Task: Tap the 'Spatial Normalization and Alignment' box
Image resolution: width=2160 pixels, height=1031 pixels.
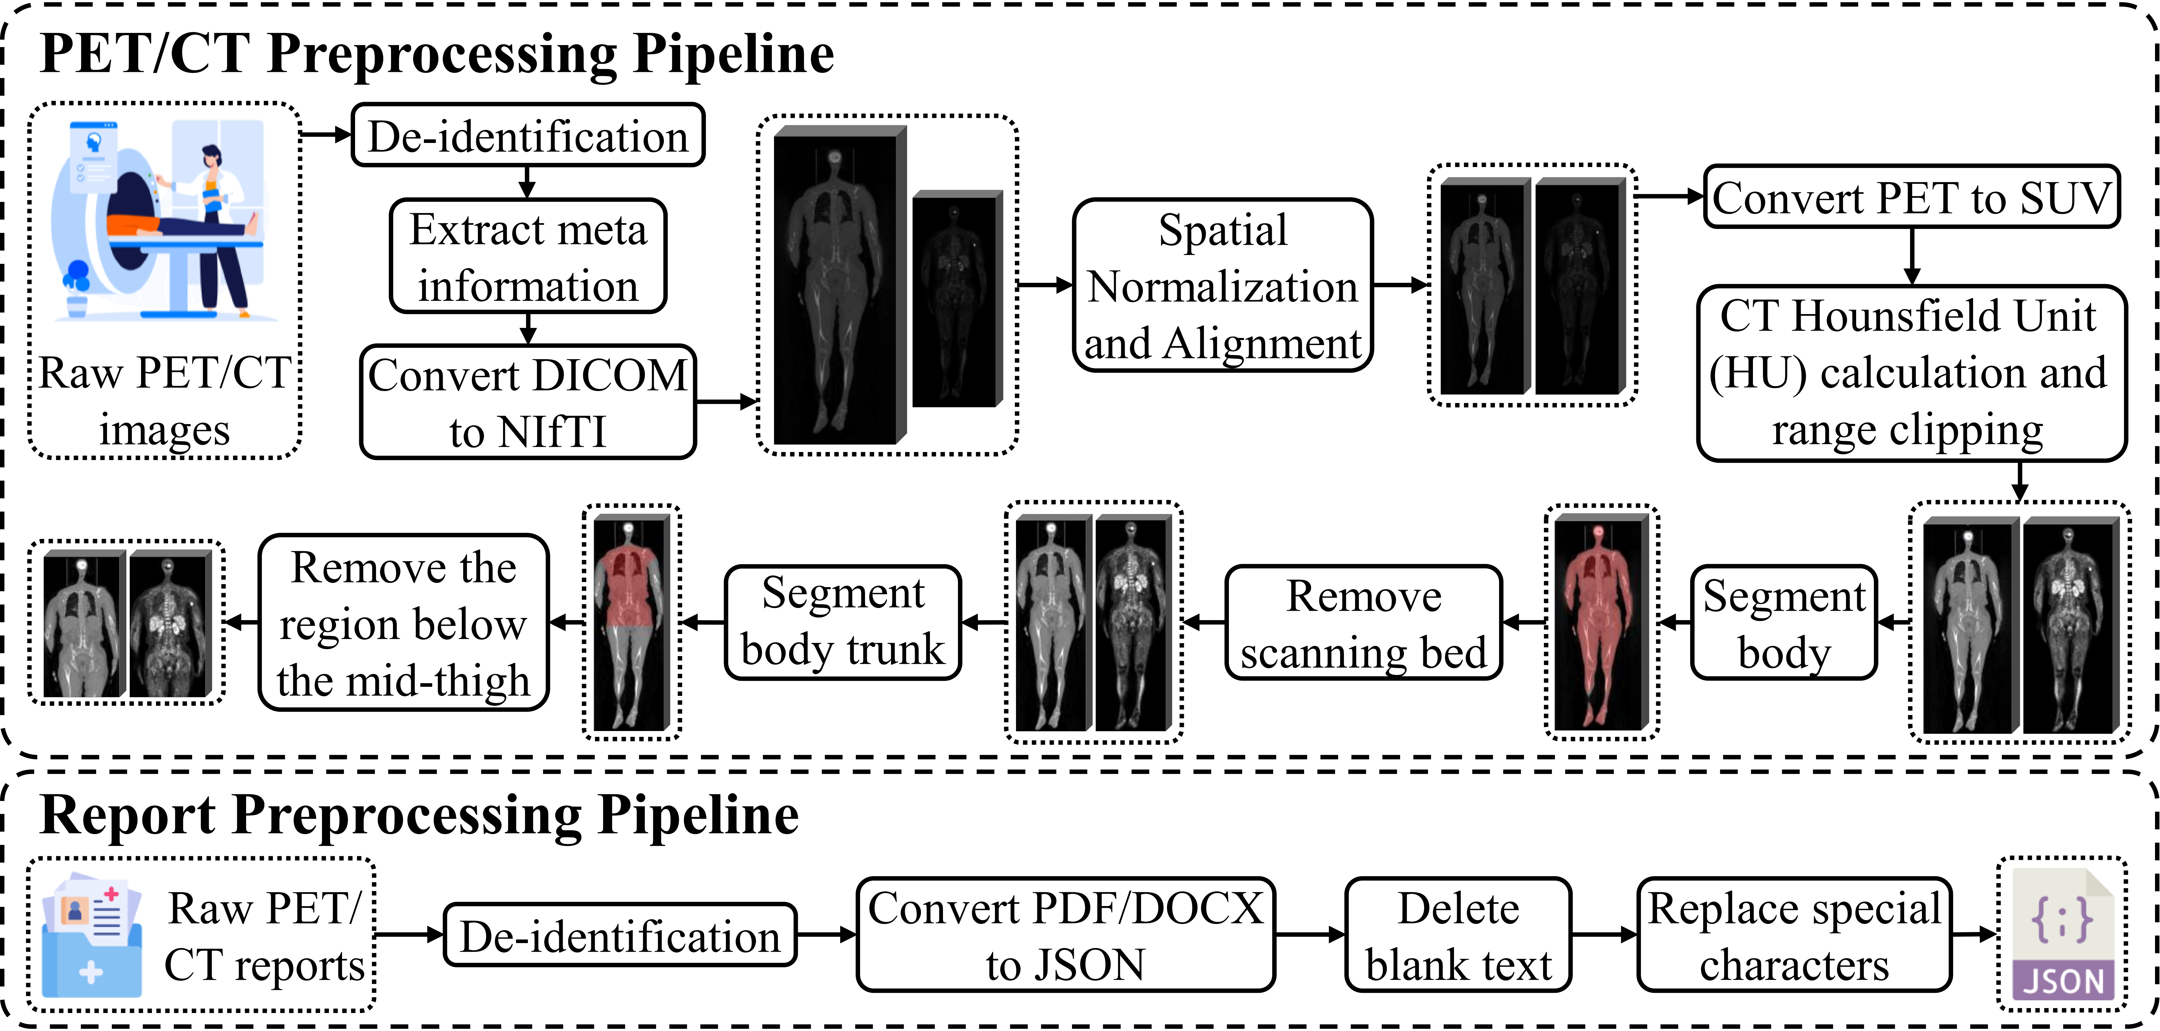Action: pos(1223,285)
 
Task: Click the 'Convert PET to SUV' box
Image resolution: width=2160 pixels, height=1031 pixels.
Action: pos(1912,197)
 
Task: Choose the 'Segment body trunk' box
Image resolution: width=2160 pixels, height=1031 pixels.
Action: pos(843,622)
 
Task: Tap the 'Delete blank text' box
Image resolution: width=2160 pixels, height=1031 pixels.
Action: pos(1458,935)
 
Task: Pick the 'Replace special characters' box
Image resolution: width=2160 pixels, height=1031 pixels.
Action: pos(1794,935)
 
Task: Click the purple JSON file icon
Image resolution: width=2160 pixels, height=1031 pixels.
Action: pos(2063,934)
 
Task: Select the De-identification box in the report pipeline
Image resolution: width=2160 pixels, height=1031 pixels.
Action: pos(620,935)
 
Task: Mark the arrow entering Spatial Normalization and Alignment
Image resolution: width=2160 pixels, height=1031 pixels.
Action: pos(1045,285)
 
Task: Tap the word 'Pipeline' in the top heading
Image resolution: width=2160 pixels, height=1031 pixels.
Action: pos(734,54)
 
